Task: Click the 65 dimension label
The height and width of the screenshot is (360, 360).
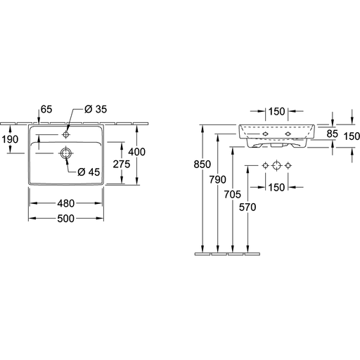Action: click(46, 109)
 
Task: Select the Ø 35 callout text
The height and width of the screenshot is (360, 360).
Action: click(96, 109)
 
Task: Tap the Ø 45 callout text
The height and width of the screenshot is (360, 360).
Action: click(89, 172)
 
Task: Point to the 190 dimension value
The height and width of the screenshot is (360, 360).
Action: click(10, 139)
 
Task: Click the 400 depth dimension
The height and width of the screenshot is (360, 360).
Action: click(136, 152)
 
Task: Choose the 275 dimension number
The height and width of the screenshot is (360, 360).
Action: click(122, 165)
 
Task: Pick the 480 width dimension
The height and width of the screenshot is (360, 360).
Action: click(66, 203)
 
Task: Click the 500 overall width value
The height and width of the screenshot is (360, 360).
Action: click(66, 219)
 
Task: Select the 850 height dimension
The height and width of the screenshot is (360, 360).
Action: click(202, 165)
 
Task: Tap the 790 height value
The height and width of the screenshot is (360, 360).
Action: click(218, 180)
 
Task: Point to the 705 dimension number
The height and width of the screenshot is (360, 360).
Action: click(233, 194)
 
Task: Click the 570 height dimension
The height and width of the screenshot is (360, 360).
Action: click(247, 207)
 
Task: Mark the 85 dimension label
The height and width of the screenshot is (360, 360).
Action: click(333, 134)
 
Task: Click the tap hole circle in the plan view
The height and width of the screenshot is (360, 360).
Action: click(66, 134)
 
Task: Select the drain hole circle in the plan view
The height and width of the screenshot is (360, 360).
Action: click(66, 153)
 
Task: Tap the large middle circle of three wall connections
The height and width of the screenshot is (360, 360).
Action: click(276, 166)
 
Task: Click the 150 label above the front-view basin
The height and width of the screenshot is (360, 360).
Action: click(276, 112)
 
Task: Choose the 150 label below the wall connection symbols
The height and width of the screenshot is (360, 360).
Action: click(276, 188)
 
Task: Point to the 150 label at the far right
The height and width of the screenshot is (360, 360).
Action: click(352, 136)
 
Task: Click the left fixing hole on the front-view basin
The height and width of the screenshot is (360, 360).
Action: click(265, 134)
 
